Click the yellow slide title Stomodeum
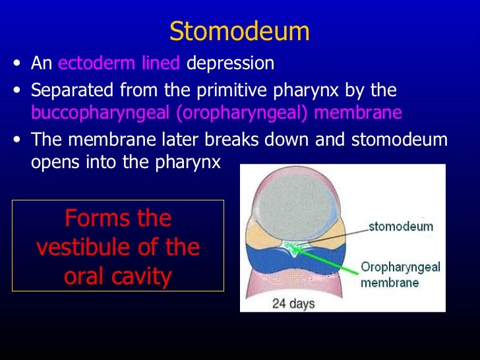pos(239,31)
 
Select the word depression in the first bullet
pos(230,64)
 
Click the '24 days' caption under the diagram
pos(293,304)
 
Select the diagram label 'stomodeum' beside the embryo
pos(400,227)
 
